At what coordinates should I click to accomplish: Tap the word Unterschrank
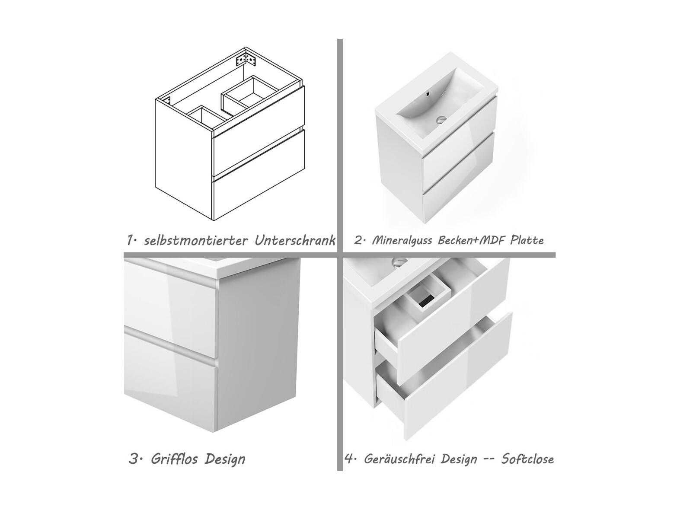pos(295,240)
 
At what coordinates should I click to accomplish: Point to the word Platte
pos(527,240)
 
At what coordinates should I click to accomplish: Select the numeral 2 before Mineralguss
pos(358,240)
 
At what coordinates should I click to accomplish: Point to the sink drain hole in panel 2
pos(441,119)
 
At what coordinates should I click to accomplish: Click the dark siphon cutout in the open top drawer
pos(427,299)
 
